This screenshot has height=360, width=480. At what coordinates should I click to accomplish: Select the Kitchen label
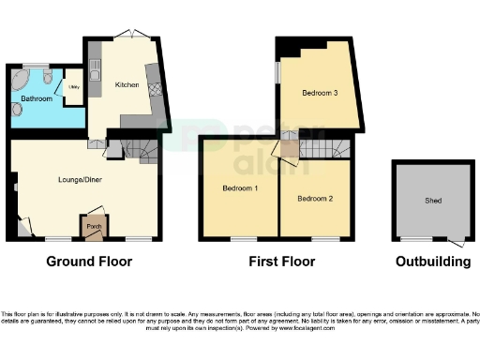[x=127, y=85]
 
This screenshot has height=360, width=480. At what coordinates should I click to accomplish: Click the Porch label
[x=94, y=227]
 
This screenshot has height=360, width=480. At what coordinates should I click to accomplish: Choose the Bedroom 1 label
[x=240, y=188]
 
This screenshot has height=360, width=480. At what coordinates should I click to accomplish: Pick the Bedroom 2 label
[x=314, y=198]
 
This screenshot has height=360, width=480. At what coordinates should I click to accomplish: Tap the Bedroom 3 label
[x=320, y=93]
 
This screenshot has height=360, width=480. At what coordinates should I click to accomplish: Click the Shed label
[x=433, y=202]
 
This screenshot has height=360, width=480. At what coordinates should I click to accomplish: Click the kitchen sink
[x=96, y=67]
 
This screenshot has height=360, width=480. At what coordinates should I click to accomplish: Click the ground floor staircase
[x=144, y=149]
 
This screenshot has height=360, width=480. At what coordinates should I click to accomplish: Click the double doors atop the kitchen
[x=130, y=35]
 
